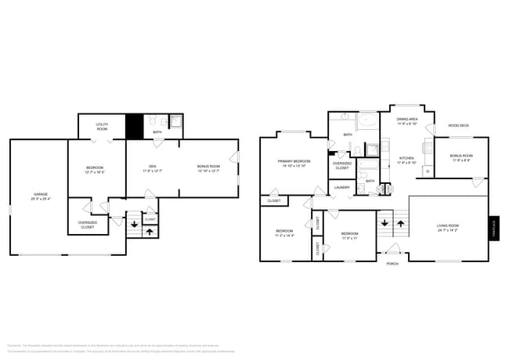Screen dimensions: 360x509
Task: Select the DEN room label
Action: [152, 166]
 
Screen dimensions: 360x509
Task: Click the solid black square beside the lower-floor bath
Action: [135, 127]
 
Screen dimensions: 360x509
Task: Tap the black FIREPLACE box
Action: [493, 228]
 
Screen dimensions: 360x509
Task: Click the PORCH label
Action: [392, 264]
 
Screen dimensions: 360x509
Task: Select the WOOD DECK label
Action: [458, 125]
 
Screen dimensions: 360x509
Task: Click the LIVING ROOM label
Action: [448, 225]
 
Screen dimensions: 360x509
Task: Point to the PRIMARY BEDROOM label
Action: [293, 162]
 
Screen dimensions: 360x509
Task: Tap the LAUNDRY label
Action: [342, 187]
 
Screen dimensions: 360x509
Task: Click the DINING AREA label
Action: [407, 119]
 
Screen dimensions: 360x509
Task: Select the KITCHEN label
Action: [407, 158]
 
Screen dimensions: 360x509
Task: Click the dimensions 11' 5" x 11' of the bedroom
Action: [349, 238]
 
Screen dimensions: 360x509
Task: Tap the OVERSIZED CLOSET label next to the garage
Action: [88, 224]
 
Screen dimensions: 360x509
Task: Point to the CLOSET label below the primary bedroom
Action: [274, 201]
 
